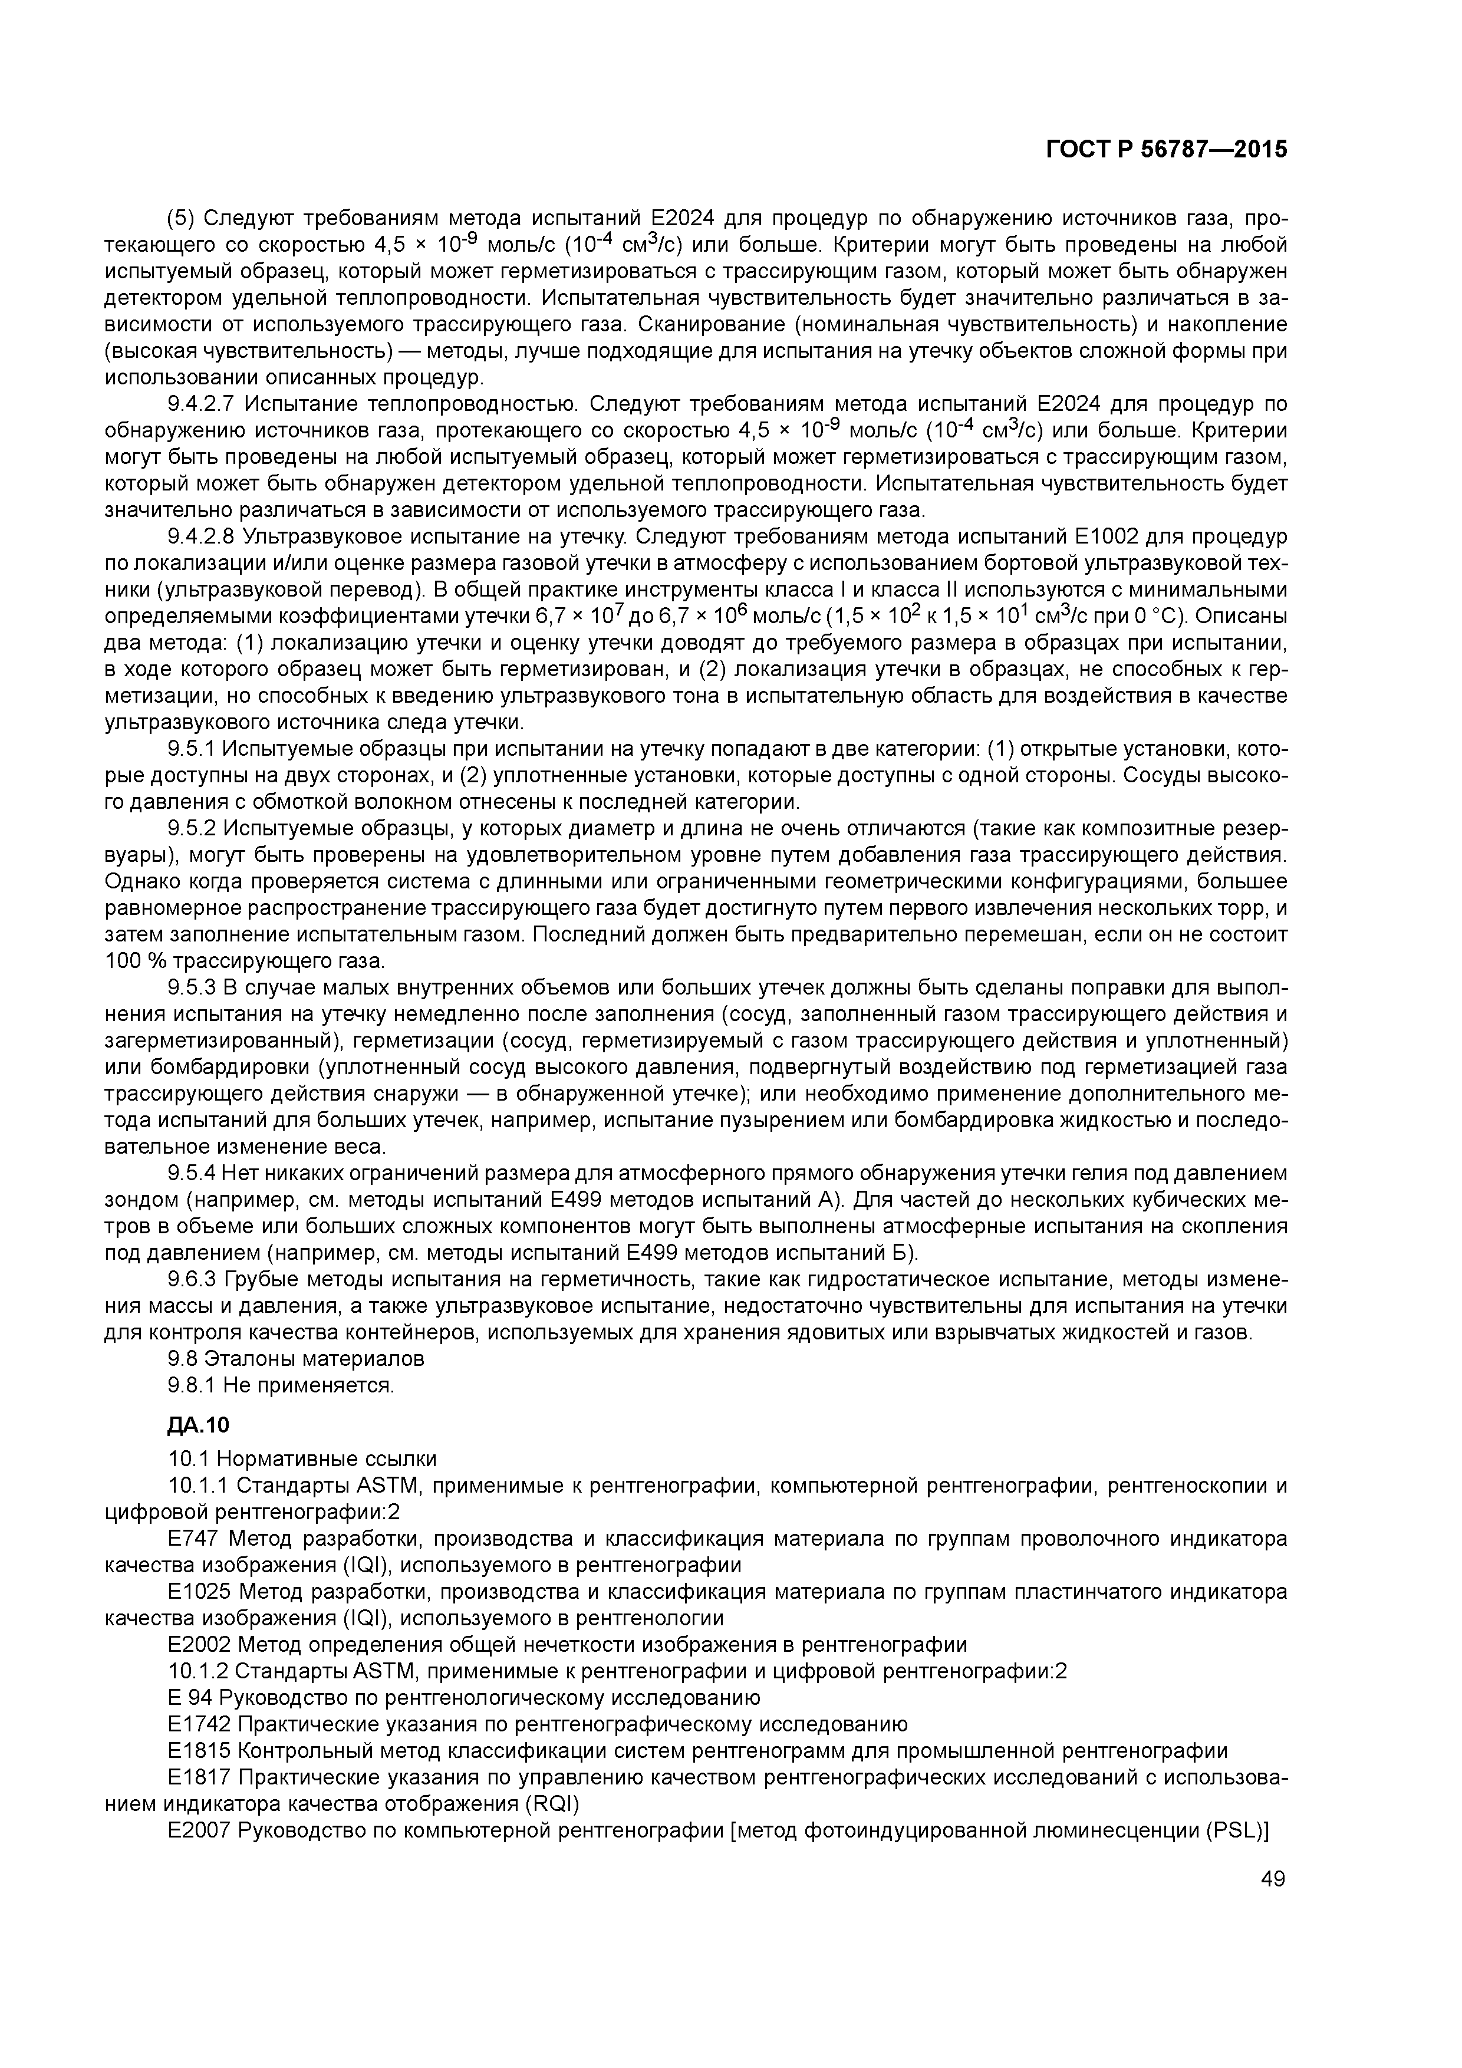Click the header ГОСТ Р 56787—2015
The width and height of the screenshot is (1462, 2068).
pos(1167,150)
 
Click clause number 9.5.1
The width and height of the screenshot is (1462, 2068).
pos(191,749)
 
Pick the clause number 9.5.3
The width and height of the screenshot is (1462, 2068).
pos(191,988)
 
